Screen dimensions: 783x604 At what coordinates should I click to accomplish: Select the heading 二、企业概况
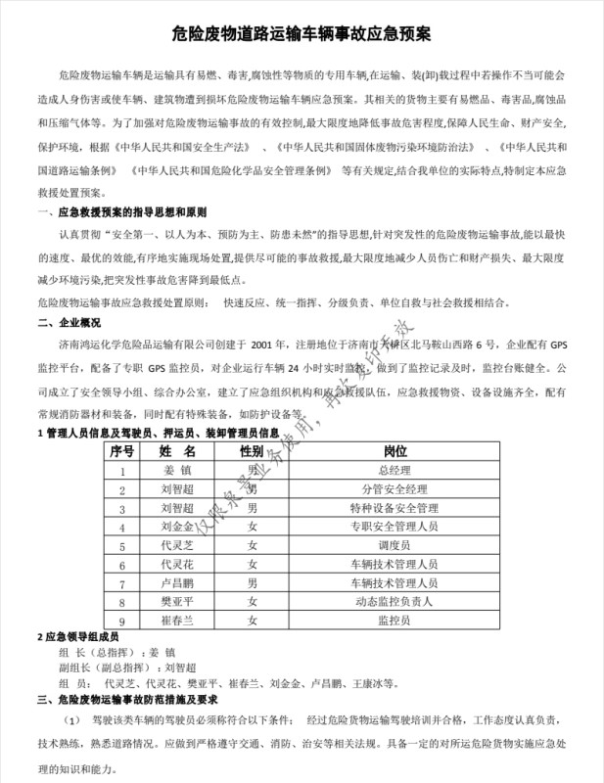coord(70,322)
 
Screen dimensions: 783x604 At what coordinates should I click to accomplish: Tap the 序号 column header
coord(122,452)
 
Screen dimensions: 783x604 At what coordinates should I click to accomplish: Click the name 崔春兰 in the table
coord(177,621)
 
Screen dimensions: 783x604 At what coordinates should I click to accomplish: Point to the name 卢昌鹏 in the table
coord(177,583)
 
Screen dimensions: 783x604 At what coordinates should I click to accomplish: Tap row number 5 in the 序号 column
coord(122,546)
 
